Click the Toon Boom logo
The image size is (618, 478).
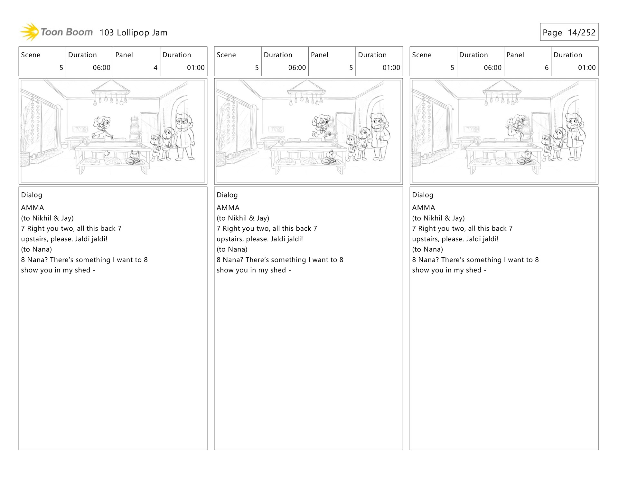pyautogui.click(x=56, y=32)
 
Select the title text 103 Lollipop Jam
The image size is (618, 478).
pyautogui.click(x=133, y=33)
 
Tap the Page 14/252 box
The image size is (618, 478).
pyautogui.click(x=569, y=32)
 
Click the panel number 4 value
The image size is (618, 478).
pyautogui.click(x=155, y=68)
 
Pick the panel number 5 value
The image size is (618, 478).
pyautogui.click(x=351, y=68)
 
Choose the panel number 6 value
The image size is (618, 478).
pyautogui.click(x=547, y=68)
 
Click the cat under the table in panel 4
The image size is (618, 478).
pyautogui.click(x=134, y=158)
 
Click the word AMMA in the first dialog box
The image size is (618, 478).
pyautogui.click(x=33, y=208)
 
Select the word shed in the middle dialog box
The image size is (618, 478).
pyautogui.click(x=278, y=270)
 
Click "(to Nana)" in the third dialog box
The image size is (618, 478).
pyautogui.click(x=427, y=249)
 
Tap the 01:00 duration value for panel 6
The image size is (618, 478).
pyautogui.click(x=586, y=68)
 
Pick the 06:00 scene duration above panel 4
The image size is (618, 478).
pyautogui.click(x=101, y=68)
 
